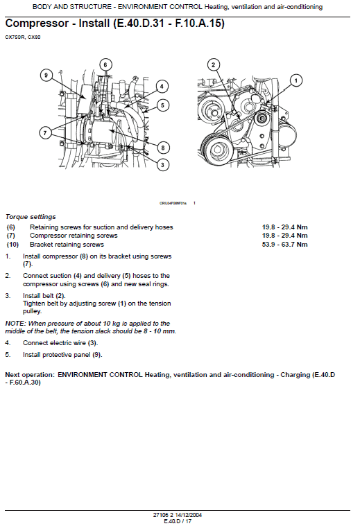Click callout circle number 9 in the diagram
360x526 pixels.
click(46, 74)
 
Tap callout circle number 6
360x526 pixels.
click(105, 64)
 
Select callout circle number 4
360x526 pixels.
click(161, 87)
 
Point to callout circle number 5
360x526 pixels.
click(162, 105)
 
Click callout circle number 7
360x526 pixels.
click(46, 132)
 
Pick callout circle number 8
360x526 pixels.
click(163, 147)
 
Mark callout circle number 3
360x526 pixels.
click(162, 164)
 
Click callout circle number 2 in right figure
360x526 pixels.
click(214, 65)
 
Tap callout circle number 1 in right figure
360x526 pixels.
click(295, 80)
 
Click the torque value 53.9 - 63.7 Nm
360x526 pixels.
click(285, 245)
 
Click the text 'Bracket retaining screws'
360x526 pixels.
click(67, 245)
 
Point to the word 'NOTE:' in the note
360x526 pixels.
click(15, 324)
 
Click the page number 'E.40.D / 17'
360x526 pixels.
click(178, 520)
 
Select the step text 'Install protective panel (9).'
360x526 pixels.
click(62, 355)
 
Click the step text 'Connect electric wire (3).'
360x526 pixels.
click(60, 343)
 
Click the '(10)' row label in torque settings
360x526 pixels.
click(12, 245)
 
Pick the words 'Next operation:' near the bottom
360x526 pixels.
click(30, 374)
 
